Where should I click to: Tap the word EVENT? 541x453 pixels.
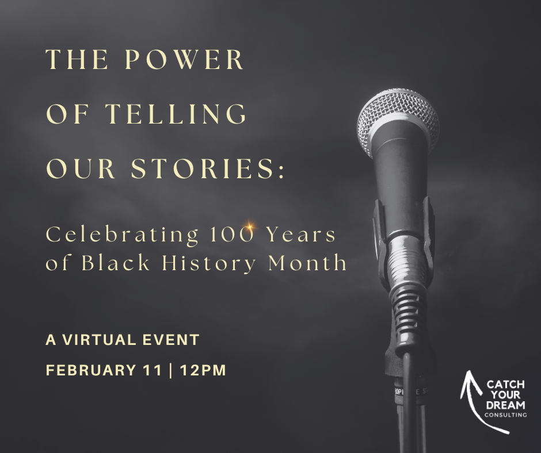pyautogui.click(x=171, y=340)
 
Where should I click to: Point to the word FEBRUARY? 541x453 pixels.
pyautogui.click(x=95, y=370)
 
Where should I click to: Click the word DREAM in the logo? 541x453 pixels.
pyautogui.click(x=505, y=404)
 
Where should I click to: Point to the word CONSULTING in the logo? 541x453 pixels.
pyautogui.click(x=505, y=414)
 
